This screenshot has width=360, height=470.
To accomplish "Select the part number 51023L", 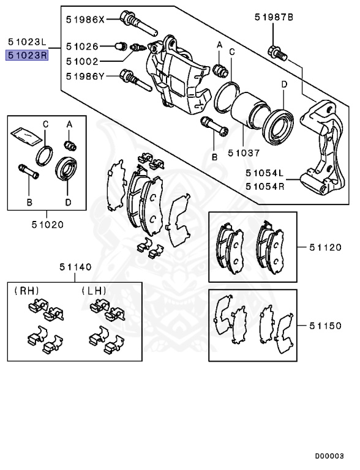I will pos(27,42).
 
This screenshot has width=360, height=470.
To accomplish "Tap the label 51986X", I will pos(86,20).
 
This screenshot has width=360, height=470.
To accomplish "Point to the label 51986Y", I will pos(86,76).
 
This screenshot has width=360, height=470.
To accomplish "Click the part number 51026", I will pos(82,46).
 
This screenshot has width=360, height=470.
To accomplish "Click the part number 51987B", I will pos(274,18).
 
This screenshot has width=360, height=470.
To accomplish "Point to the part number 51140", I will pos(75,267).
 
